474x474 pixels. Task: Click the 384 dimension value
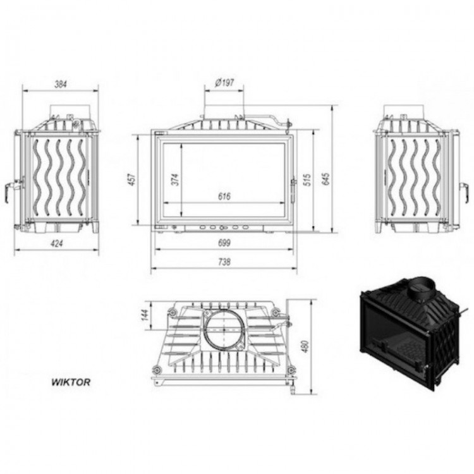(x=61, y=84)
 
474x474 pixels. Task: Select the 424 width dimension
(x=57, y=243)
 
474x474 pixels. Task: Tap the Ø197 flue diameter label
(x=224, y=83)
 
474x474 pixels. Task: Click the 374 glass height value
(x=176, y=179)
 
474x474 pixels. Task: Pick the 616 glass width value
(x=224, y=197)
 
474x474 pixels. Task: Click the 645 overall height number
(x=325, y=179)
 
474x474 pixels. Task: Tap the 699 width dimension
(x=224, y=243)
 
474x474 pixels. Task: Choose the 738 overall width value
(x=224, y=262)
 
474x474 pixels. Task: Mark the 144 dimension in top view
(x=146, y=315)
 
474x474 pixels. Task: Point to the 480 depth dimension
(x=305, y=347)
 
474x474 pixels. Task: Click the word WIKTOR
(x=71, y=382)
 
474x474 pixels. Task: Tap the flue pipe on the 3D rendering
(x=422, y=289)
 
